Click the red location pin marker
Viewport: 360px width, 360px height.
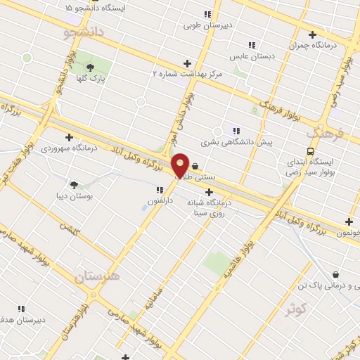[180, 165]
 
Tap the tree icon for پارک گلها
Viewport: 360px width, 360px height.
[90, 67]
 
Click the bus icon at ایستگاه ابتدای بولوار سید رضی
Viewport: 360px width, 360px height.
[310, 150]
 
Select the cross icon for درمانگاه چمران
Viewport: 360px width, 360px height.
[312, 34]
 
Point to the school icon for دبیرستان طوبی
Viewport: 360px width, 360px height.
[207, 14]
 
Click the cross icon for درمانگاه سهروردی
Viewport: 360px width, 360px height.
[69, 137]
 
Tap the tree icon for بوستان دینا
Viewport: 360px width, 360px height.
[74, 185]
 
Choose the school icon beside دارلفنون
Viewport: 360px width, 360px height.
[159, 189]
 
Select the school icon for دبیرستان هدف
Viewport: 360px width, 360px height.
[20, 309]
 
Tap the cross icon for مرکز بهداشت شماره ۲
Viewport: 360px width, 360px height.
[186, 63]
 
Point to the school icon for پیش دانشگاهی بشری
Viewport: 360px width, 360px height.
[236, 130]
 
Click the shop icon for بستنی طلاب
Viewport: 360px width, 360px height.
[194, 167]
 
